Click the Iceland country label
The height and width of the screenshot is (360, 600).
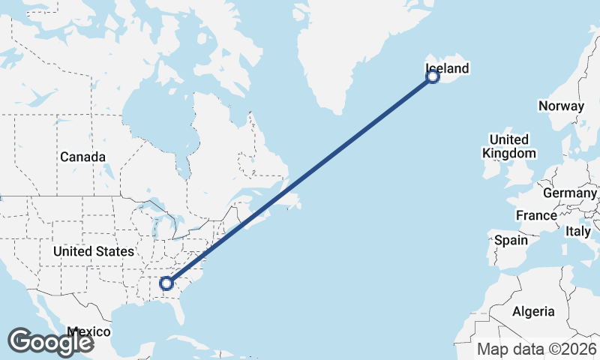coord(446,69)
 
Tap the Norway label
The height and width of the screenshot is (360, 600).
coord(560,106)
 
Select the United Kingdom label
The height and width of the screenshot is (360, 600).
coord(509,146)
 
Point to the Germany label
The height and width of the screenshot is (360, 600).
coord(569,193)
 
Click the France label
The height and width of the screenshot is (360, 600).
coord(536,216)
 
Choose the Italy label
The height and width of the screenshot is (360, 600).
coord(578,232)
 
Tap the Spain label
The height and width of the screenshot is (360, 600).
coord(511,241)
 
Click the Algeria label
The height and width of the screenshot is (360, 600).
coord(532,311)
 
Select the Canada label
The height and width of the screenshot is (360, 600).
coord(82,157)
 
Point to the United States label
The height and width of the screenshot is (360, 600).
coord(94,251)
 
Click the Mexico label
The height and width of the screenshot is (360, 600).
coord(88,331)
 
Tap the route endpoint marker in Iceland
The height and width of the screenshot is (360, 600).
coord(433,76)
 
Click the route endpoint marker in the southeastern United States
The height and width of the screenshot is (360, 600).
coord(166,283)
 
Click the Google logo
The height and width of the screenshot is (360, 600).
coord(50,341)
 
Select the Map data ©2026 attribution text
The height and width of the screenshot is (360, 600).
coord(536,349)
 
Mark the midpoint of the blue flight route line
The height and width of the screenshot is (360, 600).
coord(300,179)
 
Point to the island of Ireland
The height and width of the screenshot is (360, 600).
coord(491,166)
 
